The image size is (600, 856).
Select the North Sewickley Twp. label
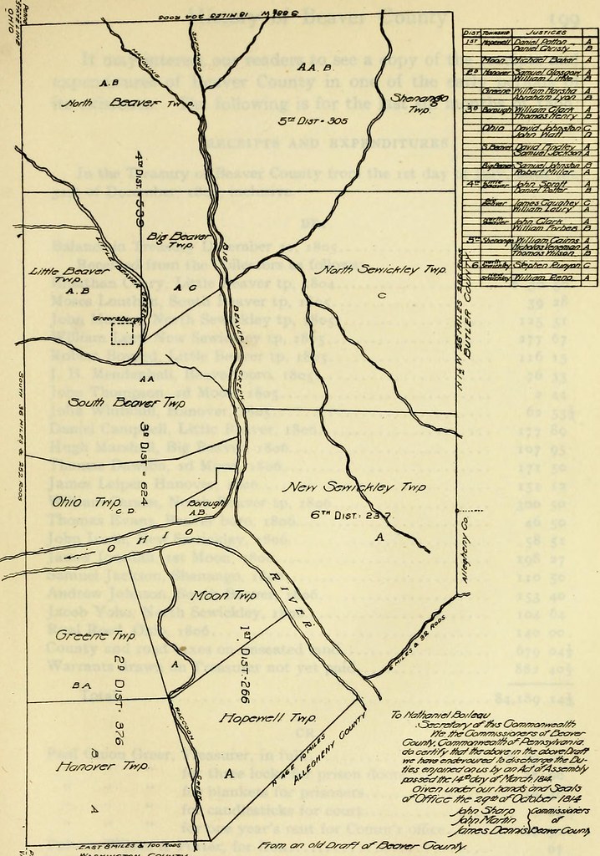[x=380, y=272]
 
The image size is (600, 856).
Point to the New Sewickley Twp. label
[x=355, y=487]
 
